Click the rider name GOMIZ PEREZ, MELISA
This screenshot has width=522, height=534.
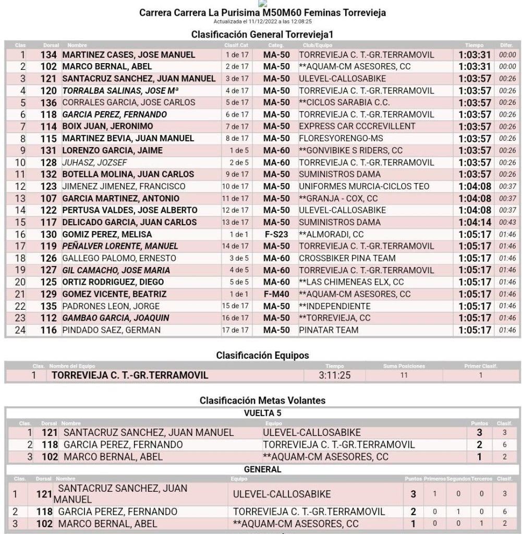[x=107, y=234]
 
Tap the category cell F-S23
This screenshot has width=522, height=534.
[x=276, y=234]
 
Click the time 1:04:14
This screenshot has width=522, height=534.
[x=475, y=222]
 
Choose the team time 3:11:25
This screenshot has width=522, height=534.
[x=334, y=375]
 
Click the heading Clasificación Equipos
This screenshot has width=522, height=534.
[x=262, y=355]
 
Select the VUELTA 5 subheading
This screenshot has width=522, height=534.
[x=262, y=412]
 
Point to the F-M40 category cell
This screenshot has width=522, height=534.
[x=276, y=294]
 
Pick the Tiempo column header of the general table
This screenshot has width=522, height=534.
[x=475, y=45]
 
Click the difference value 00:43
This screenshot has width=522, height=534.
[x=507, y=222]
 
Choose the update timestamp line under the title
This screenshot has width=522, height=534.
[x=262, y=21]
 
